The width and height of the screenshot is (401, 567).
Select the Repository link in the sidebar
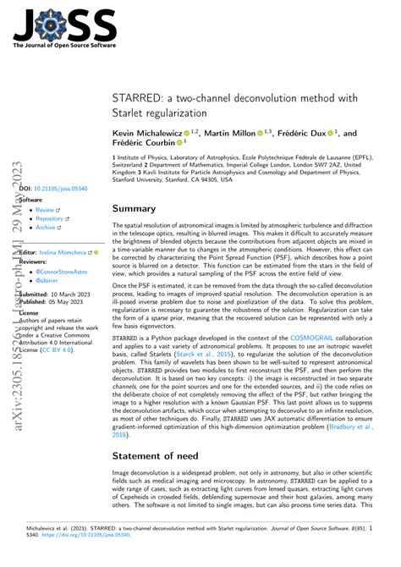click(x=51, y=219)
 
